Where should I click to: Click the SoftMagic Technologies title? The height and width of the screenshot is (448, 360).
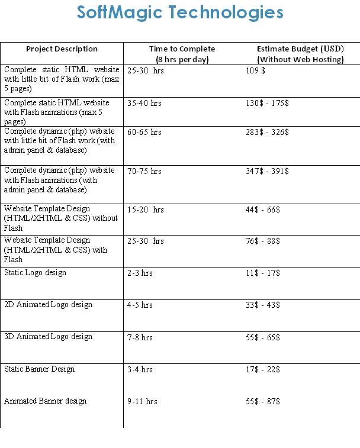click(x=180, y=12)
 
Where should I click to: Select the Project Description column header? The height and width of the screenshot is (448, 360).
click(x=62, y=49)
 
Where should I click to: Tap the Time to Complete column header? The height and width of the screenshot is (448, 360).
click(x=182, y=54)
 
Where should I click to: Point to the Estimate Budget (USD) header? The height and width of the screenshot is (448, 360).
click(x=300, y=54)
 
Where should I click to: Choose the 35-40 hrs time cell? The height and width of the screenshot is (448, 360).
click(x=144, y=103)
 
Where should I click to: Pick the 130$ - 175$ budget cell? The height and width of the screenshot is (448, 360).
click(x=267, y=103)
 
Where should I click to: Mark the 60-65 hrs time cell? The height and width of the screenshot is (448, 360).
click(x=144, y=132)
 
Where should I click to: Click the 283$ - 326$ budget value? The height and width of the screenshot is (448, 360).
click(x=267, y=132)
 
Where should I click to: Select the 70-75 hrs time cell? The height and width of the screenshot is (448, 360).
click(x=144, y=171)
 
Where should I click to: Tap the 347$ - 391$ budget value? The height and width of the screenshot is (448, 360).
click(x=267, y=171)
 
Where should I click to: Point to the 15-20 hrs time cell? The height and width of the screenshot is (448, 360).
click(x=145, y=210)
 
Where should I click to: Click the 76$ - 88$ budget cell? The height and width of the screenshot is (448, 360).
click(x=263, y=241)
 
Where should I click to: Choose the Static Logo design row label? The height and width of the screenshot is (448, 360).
click(x=35, y=273)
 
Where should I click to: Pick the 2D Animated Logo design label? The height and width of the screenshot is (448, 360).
click(x=48, y=305)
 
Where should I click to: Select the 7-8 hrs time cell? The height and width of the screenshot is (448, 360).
click(x=140, y=337)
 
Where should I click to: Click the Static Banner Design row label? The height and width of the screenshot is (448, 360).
click(x=39, y=369)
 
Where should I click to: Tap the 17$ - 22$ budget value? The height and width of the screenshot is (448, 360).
click(x=263, y=369)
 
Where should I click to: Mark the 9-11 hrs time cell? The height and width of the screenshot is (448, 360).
click(x=142, y=401)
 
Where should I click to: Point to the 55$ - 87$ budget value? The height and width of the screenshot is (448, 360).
click(x=263, y=401)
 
